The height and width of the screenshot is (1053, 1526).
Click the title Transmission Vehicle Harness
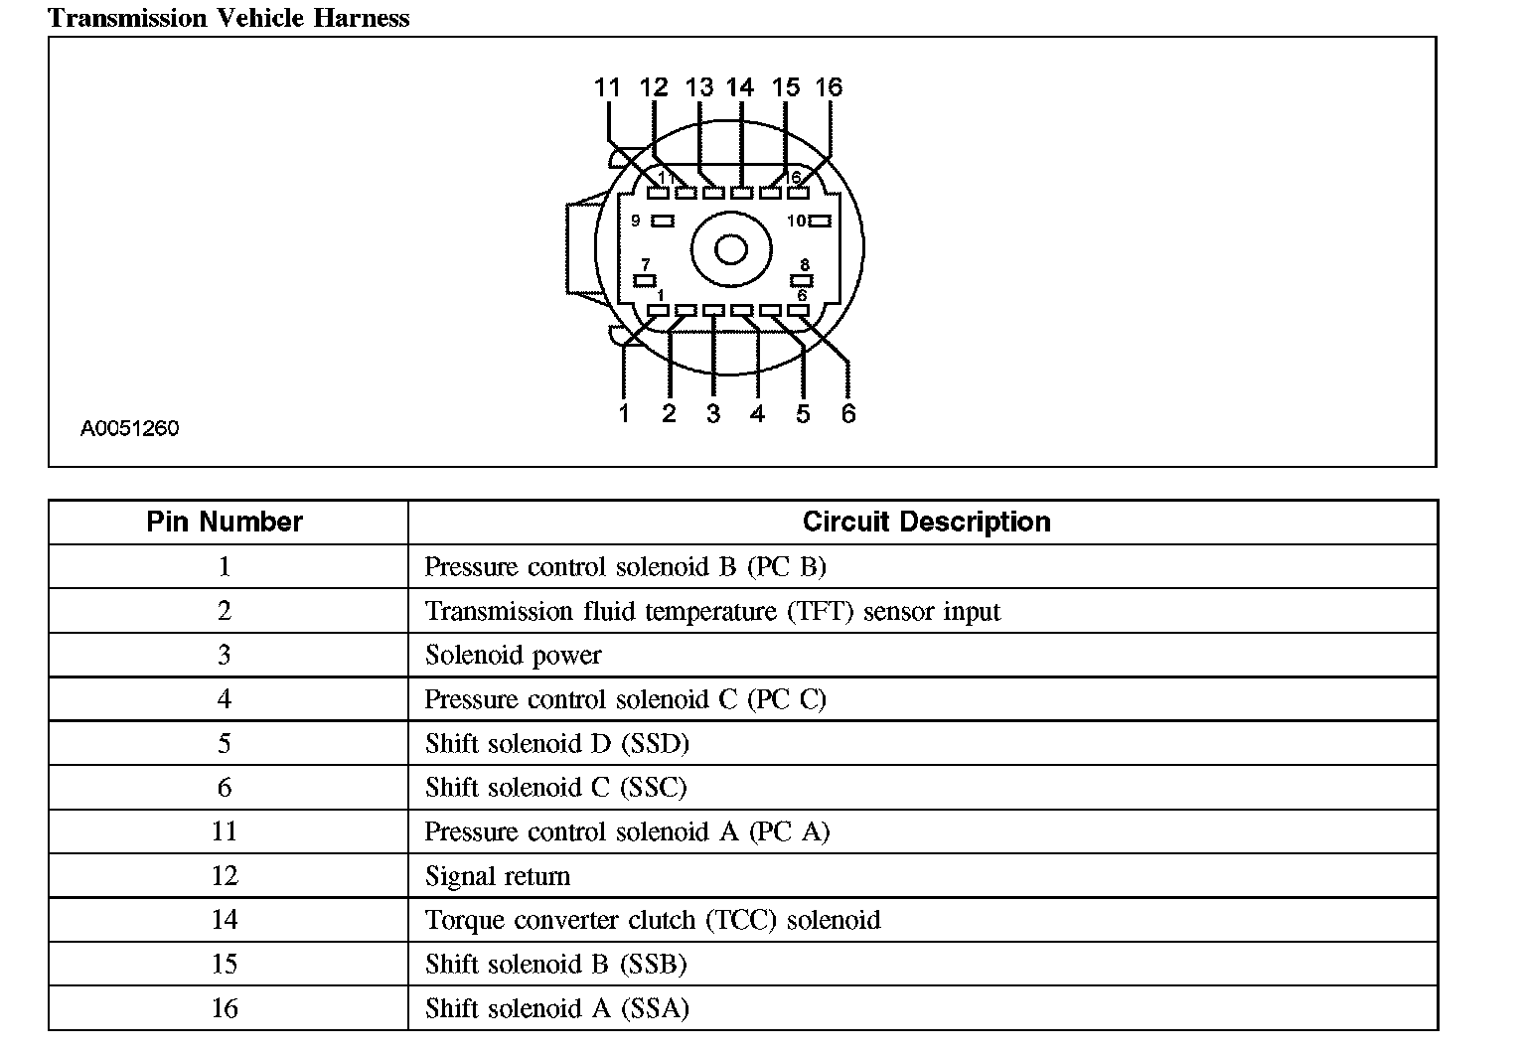229,18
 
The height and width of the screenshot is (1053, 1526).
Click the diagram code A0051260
129,428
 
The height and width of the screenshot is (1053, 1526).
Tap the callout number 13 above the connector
699,87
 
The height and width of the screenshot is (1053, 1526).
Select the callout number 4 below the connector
758,413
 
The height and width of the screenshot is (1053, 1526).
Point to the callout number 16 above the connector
829,87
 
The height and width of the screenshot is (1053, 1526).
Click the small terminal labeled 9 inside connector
663,222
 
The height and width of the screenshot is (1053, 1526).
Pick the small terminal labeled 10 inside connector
820,222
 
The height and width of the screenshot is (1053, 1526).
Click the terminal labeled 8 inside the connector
801,280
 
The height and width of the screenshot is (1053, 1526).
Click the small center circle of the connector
730,248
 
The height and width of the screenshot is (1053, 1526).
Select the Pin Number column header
225,522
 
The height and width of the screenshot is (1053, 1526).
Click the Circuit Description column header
926,522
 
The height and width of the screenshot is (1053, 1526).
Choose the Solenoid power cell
513,656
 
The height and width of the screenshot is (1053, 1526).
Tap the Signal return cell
498,876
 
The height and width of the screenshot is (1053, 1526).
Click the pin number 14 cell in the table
225,920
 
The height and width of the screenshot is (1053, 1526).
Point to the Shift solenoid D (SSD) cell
556,744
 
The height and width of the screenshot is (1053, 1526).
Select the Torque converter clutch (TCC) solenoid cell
653,920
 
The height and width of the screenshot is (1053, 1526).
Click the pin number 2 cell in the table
225,611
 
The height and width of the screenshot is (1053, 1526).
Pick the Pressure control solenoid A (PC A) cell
627,831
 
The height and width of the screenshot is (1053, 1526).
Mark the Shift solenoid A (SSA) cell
556,1008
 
